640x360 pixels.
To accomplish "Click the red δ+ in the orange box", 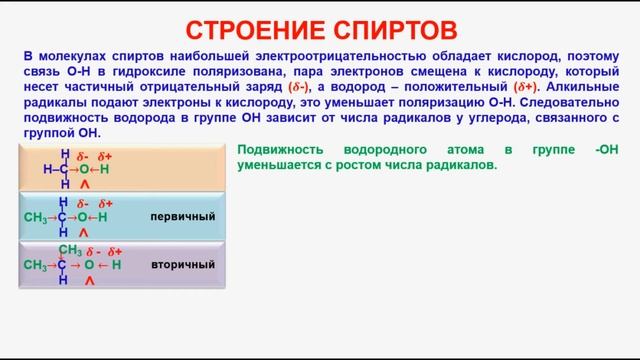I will pos(105,157).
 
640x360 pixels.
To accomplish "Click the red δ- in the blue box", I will pos(82,204).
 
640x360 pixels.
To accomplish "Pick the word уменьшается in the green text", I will pos(278,165).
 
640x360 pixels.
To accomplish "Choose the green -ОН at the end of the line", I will pos(605,150).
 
